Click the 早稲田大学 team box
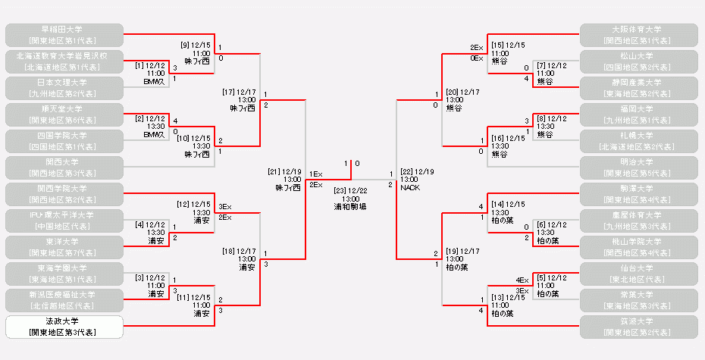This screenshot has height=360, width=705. [64, 34]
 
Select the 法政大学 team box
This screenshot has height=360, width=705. [64, 327]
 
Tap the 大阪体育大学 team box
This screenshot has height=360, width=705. [639, 34]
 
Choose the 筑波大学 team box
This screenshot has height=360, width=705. [639, 327]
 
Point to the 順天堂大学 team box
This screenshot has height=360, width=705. [64, 114]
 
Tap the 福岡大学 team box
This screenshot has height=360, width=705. [639, 114]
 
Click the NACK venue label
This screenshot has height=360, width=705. [410, 187]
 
